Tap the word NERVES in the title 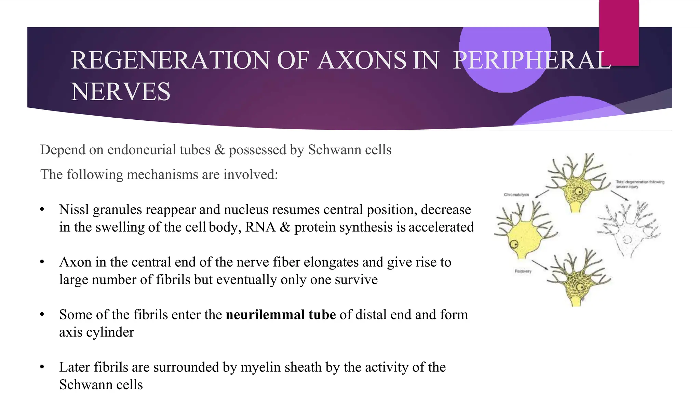[120, 92]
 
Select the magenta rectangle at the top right [619, 32]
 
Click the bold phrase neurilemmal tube [281, 315]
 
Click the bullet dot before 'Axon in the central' [42, 262]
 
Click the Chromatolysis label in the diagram [516, 195]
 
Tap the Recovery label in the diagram [523, 271]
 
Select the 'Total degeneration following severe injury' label [640, 184]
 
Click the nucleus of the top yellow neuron [579, 192]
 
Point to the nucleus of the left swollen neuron [514, 244]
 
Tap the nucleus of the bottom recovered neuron [580, 287]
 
